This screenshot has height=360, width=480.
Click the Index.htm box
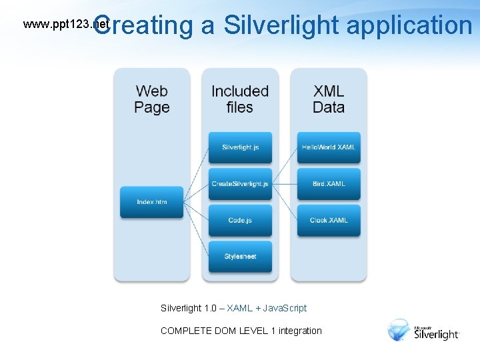[151, 202]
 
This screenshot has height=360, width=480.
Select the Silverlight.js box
[240, 147]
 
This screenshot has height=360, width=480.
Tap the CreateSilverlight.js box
[240, 184]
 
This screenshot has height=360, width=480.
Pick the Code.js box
[240, 220]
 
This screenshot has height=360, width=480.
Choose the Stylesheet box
[240, 257]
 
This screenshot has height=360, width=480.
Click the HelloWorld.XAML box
[329, 147]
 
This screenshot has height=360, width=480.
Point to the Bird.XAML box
[329, 184]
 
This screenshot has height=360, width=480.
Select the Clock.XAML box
[329, 220]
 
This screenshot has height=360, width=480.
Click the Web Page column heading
[151, 99]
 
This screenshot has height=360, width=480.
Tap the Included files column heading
[240, 99]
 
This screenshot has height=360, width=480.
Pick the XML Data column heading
[329, 99]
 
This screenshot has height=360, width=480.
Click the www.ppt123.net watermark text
[65, 25]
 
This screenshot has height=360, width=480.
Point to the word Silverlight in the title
[282, 25]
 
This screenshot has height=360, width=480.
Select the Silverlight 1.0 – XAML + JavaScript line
[233, 308]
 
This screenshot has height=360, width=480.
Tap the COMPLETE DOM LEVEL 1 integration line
[241, 331]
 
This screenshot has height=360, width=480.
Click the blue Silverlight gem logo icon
[399, 330]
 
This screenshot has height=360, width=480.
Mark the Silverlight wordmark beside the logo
[437, 334]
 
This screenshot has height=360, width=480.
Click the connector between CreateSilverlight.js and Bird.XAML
[284, 184]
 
